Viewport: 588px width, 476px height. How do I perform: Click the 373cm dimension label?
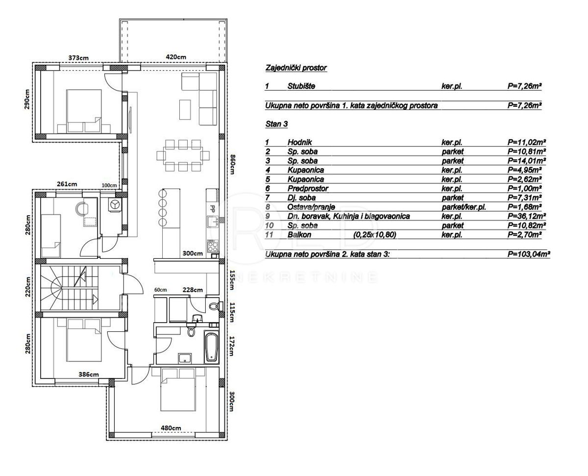click(78, 58)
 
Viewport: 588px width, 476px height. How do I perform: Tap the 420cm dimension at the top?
click(176, 57)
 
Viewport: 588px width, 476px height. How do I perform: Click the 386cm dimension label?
click(89, 375)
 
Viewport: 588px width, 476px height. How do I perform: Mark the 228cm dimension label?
click(193, 290)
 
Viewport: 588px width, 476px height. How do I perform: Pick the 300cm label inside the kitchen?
click(193, 253)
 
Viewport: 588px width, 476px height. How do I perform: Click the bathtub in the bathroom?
click(211, 348)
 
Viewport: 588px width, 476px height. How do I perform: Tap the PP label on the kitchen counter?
click(213, 208)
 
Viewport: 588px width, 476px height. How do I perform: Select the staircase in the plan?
click(71, 288)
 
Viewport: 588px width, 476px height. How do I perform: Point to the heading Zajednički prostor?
click(295, 68)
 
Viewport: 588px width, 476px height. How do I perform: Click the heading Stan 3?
click(276, 125)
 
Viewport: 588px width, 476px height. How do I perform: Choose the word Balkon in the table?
click(299, 235)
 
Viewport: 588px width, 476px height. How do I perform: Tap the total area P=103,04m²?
click(529, 254)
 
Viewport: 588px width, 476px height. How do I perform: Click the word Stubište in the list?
click(301, 86)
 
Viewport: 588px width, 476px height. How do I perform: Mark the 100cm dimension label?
click(109, 185)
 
